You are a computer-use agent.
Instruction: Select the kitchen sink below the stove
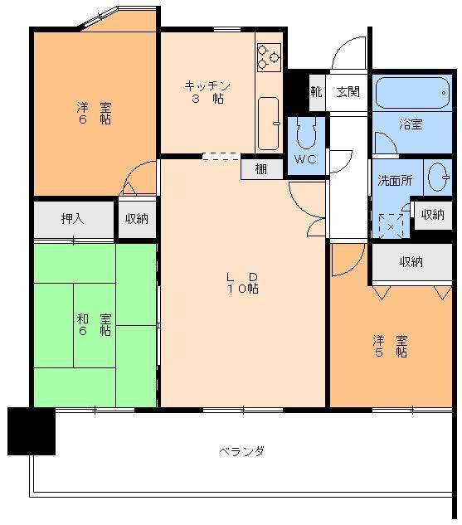[x=268, y=123]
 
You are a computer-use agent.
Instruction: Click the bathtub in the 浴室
[x=410, y=93]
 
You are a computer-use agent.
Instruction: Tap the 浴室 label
[x=411, y=124]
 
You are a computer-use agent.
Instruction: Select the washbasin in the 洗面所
[x=439, y=177]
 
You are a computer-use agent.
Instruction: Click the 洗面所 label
[x=396, y=179]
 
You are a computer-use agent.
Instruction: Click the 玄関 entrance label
[x=348, y=92]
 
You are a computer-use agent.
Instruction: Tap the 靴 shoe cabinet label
[x=316, y=92]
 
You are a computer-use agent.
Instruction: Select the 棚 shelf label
[x=260, y=169]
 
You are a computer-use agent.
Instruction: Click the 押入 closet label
[x=72, y=219]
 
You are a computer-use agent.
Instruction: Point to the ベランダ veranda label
[x=242, y=452]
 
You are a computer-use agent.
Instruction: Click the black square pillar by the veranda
[x=31, y=430]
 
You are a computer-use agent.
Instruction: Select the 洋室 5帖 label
[x=389, y=346]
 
